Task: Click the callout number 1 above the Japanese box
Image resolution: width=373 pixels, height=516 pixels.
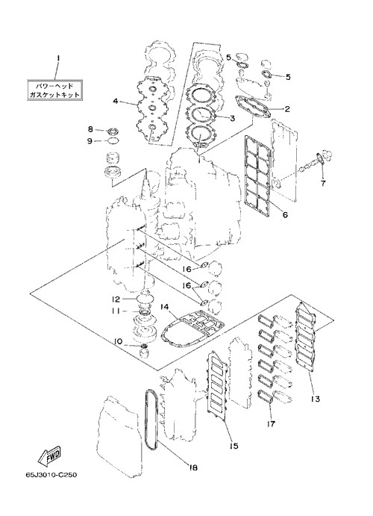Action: (x=58, y=58)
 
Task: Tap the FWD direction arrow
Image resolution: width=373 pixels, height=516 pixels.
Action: (x=49, y=456)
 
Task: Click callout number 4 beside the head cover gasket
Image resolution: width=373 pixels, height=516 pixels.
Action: (x=116, y=101)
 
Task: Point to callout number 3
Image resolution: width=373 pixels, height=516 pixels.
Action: (x=232, y=118)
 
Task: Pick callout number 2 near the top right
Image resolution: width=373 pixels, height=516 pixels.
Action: (x=287, y=109)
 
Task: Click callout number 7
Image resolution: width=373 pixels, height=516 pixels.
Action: (x=323, y=183)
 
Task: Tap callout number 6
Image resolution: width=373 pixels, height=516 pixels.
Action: (x=285, y=214)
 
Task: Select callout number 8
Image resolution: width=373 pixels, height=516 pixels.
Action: (x=90, y=129)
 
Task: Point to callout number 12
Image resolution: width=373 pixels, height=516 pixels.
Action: (x=116, y=299)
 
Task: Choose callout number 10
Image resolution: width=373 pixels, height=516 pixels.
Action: (x=119, y=342)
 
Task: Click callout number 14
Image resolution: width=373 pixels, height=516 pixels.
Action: (x=164, y=307)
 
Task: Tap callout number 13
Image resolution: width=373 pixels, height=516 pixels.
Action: (x=315, y=399)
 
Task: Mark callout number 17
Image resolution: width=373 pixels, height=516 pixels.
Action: (x=271, y=423)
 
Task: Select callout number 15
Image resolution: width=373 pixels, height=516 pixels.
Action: (x=234, y=446)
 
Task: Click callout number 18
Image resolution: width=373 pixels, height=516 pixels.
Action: (x=193, y=467)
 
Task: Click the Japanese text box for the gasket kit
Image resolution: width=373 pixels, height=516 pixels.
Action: (x=54, y=90)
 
